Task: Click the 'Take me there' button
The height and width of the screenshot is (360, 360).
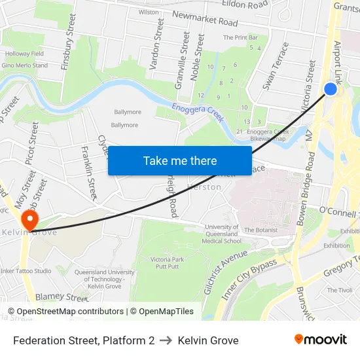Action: [180, 160]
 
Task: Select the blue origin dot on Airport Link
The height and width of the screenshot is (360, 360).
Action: [331, 88]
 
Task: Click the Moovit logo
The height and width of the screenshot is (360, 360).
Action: [321, 340]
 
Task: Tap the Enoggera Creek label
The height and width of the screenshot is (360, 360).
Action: [198, 112]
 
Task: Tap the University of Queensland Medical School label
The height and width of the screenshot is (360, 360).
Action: [222, 234]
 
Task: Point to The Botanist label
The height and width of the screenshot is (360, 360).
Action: [261, 230]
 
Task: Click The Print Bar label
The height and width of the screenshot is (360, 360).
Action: [240, 38]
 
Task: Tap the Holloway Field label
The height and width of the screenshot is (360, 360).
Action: [24, 54]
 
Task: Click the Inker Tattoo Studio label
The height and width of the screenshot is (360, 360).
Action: [26, 271]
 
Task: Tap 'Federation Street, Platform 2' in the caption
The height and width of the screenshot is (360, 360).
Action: [84, 340]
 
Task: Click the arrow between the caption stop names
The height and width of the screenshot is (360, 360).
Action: [166, 340]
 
